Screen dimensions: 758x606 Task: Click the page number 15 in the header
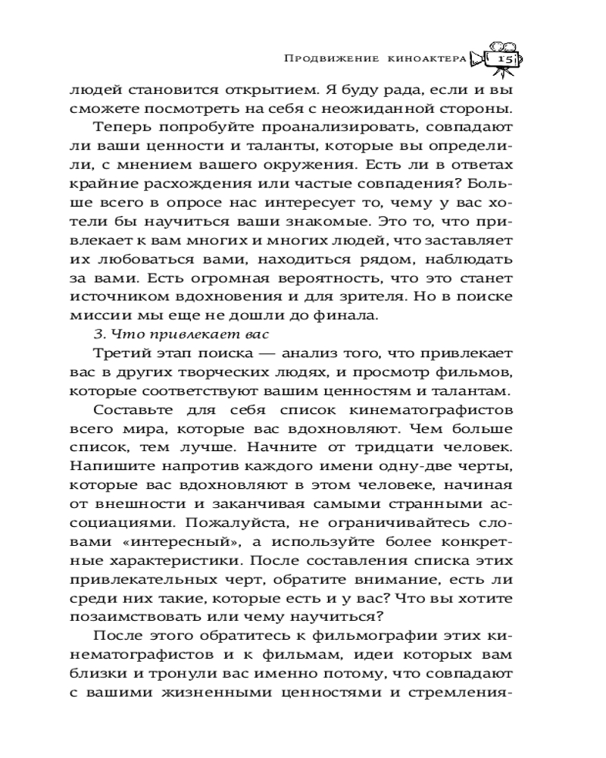click(501, 58)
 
